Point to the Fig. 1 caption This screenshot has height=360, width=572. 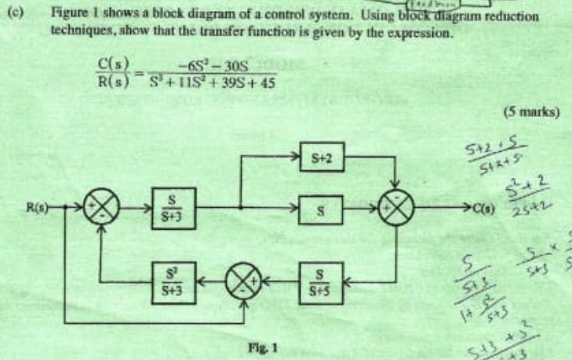[268, 344]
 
